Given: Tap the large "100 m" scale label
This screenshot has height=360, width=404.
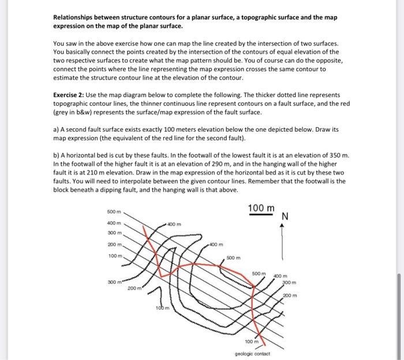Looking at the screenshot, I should point(261,207).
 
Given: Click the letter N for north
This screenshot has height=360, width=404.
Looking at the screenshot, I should point(285,217).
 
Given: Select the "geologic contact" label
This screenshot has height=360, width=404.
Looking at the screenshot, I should point(252,352).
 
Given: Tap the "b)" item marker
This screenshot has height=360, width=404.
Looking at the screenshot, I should point(57,155).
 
